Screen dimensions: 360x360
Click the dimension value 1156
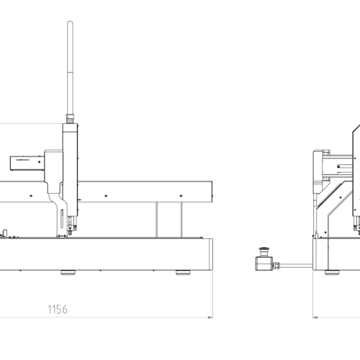click(x=58, y=310)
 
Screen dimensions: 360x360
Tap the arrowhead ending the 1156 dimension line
click(x=210, y=318)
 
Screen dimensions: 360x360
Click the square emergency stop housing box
click(x=264, y=264)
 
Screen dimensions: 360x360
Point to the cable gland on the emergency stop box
click(x=276, y=265)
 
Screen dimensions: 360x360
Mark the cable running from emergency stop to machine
click(x=296, y=266)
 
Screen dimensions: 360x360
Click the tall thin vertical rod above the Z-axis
click(x=70, y=68)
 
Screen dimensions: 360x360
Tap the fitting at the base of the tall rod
click(x=70, y=119)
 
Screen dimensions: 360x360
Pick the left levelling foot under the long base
click(x=68, y=272)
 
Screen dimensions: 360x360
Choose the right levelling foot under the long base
click(x=183, y=272)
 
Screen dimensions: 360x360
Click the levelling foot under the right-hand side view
click(x=332, y=272)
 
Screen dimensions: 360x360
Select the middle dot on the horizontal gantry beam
click(x=106, y=196)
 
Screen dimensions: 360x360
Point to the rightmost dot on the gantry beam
click(x=181, y=196)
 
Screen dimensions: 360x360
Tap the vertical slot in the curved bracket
click(x=62, y=219)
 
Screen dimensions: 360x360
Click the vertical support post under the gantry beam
click(x=169, y=220)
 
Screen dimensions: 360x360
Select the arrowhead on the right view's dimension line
click(x=315, y=318)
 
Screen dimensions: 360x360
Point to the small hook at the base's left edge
click(x=5, y=233)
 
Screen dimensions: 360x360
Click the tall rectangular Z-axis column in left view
click(x=70, y=169)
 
